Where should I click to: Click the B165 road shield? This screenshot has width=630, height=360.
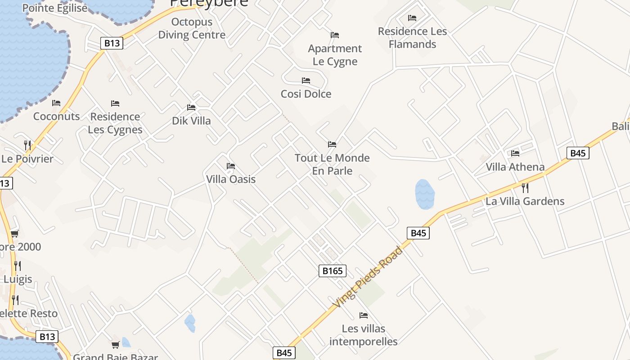pyautogui.click(x=333, y=270)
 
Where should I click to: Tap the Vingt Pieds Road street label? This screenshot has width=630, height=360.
pyautogui.click(x=368, y=278)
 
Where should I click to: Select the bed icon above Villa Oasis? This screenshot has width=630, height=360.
pyautogui.click(x=231, y=166)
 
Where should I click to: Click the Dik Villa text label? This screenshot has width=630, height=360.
pyautogui.click(x=191, y=121)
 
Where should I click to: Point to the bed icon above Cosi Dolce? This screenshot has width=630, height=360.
pyautogui.click(x=306, y=81)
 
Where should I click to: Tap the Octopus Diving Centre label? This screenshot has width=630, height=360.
pyautogui.click(x=192, y=28)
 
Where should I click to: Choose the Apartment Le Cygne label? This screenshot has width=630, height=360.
pyautogui.click(x=335, y=55)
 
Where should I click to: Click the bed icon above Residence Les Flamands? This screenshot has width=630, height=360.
pyautogui.click(x=412, y=18)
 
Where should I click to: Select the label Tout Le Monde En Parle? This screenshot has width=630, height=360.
pyautogui.click(x=332, y=164)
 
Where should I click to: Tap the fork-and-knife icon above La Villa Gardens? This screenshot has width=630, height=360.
pyautogui.click(x=525, y=188)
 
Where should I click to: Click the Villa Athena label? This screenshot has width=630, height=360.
pyautogui.click(x=515, y=167)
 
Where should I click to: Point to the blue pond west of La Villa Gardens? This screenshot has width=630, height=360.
pyautogui.click(x=424, y=194)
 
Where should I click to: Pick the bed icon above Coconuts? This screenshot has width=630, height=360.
pyautogui.click(x=56, y=103)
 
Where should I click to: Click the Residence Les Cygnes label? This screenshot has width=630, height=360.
pyautogui.click(x=115, y=123)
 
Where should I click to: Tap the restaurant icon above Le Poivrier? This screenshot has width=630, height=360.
pyautogui.click(x=27, y=145)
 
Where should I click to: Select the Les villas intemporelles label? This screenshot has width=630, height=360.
pyautogui.click(x=364, y=335)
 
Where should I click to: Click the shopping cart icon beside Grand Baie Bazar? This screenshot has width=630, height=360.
pyautogui.click(x=116, y=345)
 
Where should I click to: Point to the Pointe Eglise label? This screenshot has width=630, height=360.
pyautogui.click(x=55, y=8)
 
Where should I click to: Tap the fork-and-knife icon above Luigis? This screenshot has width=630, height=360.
pyautogui.click(x=17, y=265)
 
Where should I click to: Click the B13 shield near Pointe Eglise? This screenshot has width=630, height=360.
pyautogui.click(x=112, y=43)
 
